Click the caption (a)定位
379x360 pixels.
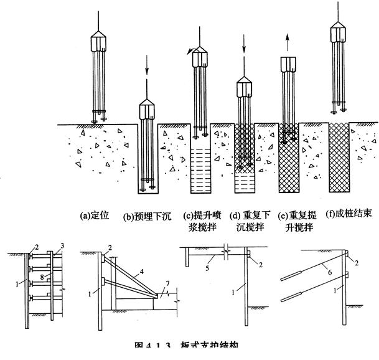(95, 216)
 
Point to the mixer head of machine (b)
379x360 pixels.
(147, 111)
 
